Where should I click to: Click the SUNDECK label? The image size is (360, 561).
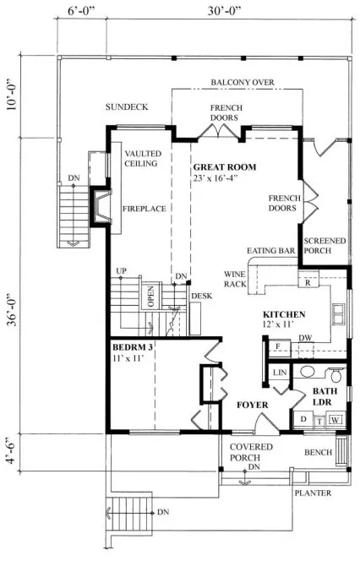(x=126, y=107)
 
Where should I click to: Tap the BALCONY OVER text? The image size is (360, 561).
(x=243, y=83)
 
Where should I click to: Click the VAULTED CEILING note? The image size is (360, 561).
(x=141, y=158)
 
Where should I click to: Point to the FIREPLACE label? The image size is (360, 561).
(x=141, y=207)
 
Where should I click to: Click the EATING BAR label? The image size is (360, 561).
(x=270, y=252)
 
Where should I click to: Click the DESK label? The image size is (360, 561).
(x=200, y=296)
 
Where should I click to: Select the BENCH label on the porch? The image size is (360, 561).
(x=318, y=453)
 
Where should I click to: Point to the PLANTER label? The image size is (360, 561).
(x=312, y=493)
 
